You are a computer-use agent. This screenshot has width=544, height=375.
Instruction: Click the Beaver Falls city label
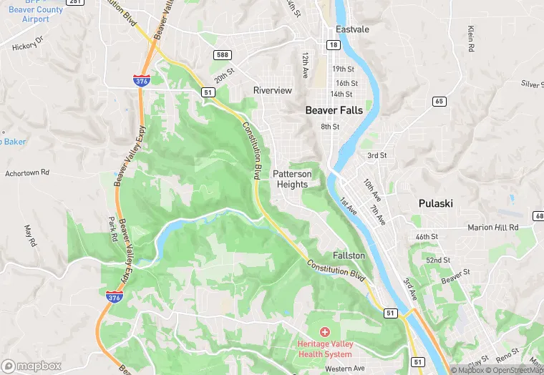click(334, 110)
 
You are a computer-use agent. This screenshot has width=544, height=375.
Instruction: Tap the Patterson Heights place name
click(292, 179)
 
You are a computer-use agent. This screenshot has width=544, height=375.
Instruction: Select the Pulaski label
click(435, 203)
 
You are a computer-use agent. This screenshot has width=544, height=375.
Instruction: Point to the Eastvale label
click(352, 29)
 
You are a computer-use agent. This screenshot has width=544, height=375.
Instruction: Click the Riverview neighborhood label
click(273, 90)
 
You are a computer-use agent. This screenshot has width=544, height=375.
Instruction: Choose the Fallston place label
click(349, 255)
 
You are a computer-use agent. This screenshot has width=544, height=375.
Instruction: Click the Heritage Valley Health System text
click(324, 349)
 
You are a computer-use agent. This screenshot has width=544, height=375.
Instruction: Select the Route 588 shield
click(221, 54)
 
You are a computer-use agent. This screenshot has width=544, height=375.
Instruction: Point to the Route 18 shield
click(334, 44)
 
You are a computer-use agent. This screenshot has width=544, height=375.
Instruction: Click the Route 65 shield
click(439, 102)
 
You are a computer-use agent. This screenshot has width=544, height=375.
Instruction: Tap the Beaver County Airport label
click(25, 14)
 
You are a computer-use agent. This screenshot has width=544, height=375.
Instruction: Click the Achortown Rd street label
click(27, 172)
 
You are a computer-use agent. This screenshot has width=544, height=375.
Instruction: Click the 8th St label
click(330, 127)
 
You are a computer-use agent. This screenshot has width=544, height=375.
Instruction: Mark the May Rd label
click(30, 235)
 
